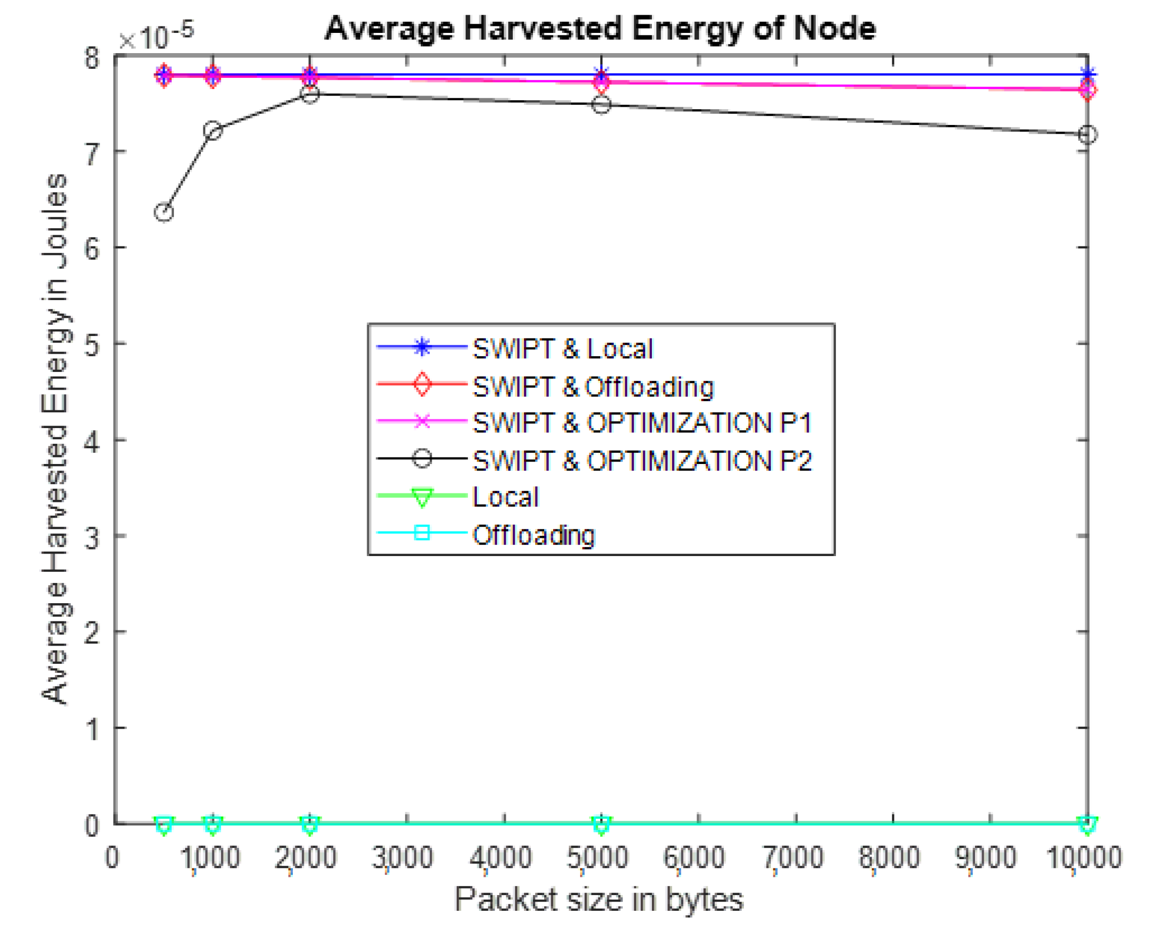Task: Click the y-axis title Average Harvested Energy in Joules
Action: coord(55,439)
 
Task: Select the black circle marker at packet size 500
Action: coord(164,213)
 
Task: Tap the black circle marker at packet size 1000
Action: coord(213,131)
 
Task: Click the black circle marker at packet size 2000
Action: coord(309,95)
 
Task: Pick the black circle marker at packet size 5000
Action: coord(601,105)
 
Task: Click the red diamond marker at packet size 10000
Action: coord(1087,91)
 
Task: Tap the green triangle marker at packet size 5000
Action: coord(601,825)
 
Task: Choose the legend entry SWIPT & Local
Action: coord(563,349)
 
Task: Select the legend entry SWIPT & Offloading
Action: coord(593,387)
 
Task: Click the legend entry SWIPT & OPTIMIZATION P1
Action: coord(642,423)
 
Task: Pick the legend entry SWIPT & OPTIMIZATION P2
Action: coord(642,460)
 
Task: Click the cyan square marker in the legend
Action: coord(422,533)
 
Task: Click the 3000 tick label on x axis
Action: coord(402,858)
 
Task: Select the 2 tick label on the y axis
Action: coord(92,633)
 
